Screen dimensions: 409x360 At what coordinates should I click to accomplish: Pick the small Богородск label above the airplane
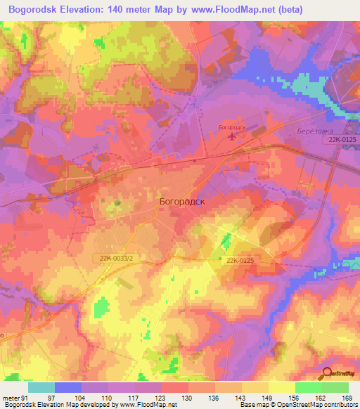(x=232, y=127)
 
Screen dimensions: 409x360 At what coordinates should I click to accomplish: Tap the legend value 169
(x=347, y=397)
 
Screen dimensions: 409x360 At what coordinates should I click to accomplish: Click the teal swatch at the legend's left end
(x=41, y=387)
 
